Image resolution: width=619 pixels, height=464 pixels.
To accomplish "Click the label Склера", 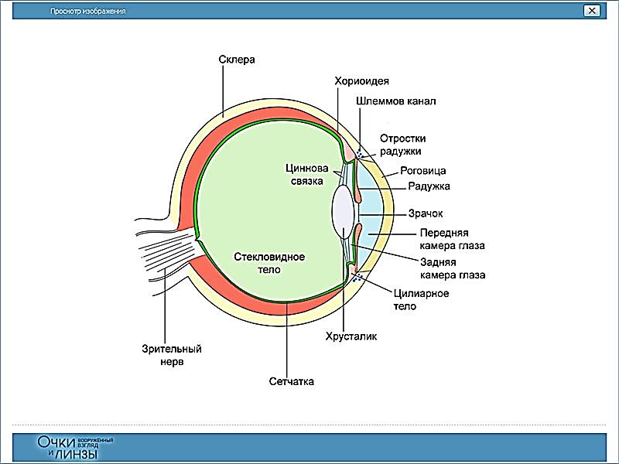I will click(237, 60).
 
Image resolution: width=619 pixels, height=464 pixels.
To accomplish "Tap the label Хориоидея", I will click(361, 80).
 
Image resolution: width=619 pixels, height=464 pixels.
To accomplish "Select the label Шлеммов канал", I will click(397, 101).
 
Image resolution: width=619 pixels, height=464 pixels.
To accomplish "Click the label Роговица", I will click(423, 170).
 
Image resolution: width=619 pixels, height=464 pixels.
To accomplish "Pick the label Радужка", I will click(428, 186).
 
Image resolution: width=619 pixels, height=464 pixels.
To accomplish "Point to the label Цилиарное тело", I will click(421, 299).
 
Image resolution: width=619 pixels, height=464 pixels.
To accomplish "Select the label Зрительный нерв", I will click(166, 354).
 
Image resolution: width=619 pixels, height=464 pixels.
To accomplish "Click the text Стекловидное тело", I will click(269, 263).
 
